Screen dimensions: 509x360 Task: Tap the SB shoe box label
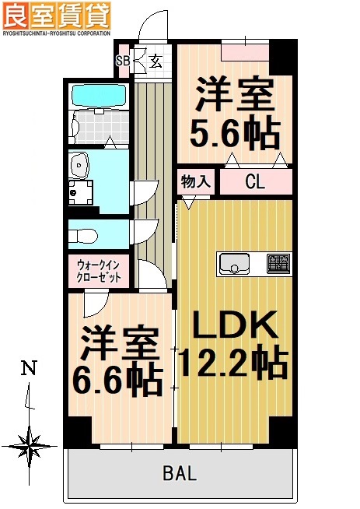tap(123, 61)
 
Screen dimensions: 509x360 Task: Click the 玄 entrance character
tap(155, 61)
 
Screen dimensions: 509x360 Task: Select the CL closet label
tap(254, 183)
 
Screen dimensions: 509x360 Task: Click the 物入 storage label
tap(196, 182)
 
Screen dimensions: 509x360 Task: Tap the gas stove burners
tap(278, 264)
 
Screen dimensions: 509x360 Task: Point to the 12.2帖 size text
tap(233, 361)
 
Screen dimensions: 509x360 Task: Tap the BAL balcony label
tap(180, 473)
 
